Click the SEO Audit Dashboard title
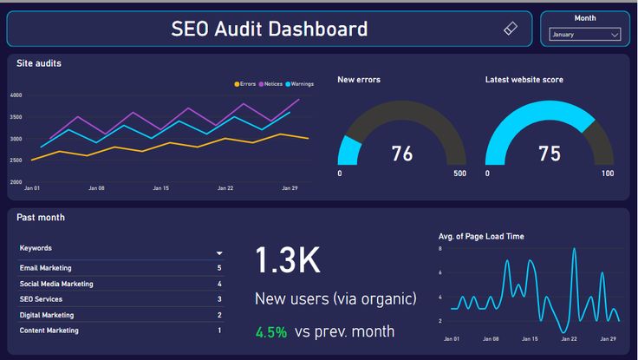[x=269, y=29]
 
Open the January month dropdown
[x=585, y=35]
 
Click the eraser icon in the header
[x=511, y=29]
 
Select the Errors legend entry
[x=245, y=84]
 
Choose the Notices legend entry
[x=270, y=84]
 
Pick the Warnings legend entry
[x=299, y=84]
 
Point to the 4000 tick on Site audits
[x=16, y=95]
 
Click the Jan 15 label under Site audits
[x=160, y=187]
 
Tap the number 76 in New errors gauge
[x=402, y=154]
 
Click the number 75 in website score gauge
[x=550, y=154]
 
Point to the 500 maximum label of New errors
[x=459, y=173]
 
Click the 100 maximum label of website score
[x=608, y=173]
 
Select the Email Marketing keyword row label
[x=46, y=268]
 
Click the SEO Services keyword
[x=42, y=299]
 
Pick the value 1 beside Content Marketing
[x=219, y=331]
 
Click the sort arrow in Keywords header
[x=219, y=253]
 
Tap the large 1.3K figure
[x=288, y=260]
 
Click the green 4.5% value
[x=270, y=331]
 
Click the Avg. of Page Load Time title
[x=481, y=236]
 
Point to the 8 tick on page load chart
[x=440, y=249]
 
